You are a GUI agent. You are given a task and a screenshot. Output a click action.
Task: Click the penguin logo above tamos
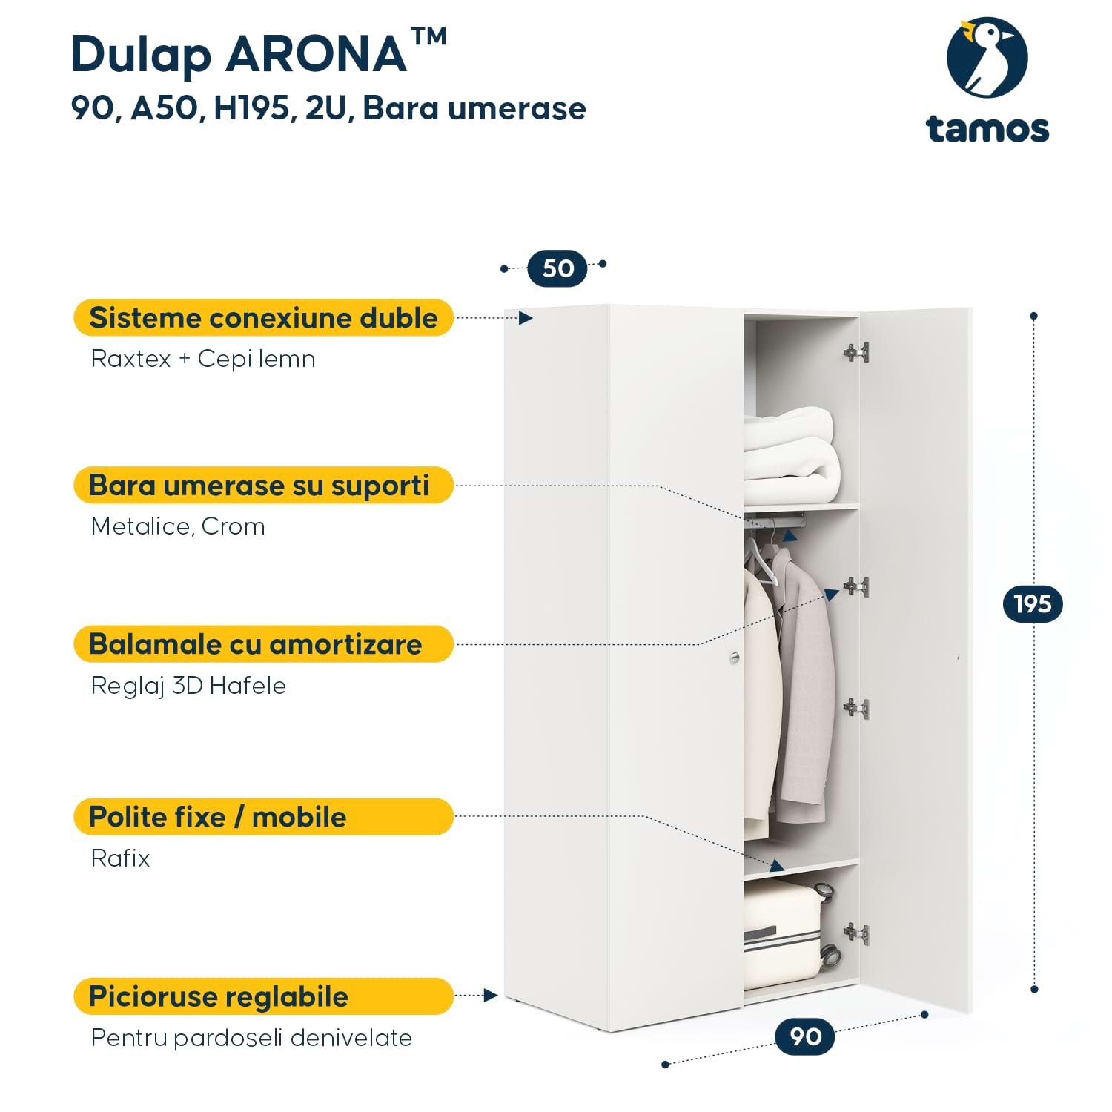tap(987, 58)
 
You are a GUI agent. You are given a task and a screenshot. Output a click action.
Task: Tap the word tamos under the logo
tap(987, 129)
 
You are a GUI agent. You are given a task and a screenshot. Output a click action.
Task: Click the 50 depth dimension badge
tap(557, 268)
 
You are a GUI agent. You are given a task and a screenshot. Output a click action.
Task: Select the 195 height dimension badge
tap(1032, 604)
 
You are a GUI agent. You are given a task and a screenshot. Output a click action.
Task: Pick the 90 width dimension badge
tap(804, 1036)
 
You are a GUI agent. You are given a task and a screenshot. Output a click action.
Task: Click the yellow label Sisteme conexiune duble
tap(263, 318)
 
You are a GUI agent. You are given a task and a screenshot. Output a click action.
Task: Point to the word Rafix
tap(120, 858)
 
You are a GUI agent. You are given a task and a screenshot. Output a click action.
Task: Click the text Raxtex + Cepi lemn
tap(202, 359)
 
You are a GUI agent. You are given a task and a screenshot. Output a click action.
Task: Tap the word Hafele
tap(248, 686)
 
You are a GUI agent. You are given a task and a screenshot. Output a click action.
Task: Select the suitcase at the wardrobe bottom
tap(784, 934)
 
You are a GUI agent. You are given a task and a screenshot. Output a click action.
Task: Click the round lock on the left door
tap(734, 658)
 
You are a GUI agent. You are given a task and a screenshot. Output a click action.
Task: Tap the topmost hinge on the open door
tap(856, 353)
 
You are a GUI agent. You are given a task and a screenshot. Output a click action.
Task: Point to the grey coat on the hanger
tap(804, 689)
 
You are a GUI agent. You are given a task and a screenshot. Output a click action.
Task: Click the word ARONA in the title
tap(317, 54)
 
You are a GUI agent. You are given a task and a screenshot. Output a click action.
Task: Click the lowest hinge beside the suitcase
tap(856, 934)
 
